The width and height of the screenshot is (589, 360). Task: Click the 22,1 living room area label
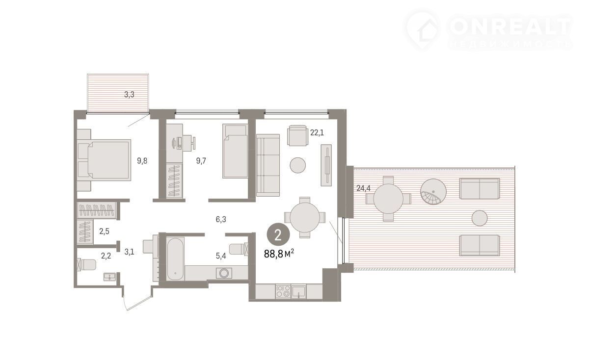pyautogui.click(x=317, y=133)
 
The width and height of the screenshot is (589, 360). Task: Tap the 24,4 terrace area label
pyautogui.click(x=363, y=188)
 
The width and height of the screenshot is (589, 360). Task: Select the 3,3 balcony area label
pyautogui.click(x=129, y=94)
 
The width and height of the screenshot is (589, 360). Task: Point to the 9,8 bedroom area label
pyautogui.click(x=142, y=160)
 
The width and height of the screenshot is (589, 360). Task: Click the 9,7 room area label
pyautogui.click(x=201, y=160)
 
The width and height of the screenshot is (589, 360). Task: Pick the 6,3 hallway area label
pyautogui.click(x=221, y=219)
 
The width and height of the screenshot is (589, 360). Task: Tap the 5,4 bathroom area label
pyautogui.click(x=221, y=256)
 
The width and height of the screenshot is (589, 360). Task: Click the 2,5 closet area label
pyautogui.click(x=104, y=231)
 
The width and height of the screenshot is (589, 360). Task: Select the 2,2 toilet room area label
pyautogui.click(x=106, y=256)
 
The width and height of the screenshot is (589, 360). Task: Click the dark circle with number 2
pyautogui.click(x=278, y=234)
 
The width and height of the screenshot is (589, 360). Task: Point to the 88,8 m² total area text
pyautogui.click(x=279, y=254)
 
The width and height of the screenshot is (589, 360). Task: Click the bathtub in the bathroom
pyautogui.click(x=175, y=259)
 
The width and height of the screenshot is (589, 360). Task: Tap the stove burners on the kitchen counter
pyautogui.click(x=283, y=291)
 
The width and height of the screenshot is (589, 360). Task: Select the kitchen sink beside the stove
pyautogui.click(x=299, y=292)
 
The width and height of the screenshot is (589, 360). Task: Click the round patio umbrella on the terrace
pyautogui.click(x=433, y=192)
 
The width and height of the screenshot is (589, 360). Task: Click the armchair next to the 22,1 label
pyautogui.click(x=297, y=135)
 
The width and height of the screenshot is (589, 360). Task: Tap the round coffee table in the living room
pyautogui.click(x=297, y=165)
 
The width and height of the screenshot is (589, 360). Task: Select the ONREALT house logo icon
pyautogui.click(x=423, y=30)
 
